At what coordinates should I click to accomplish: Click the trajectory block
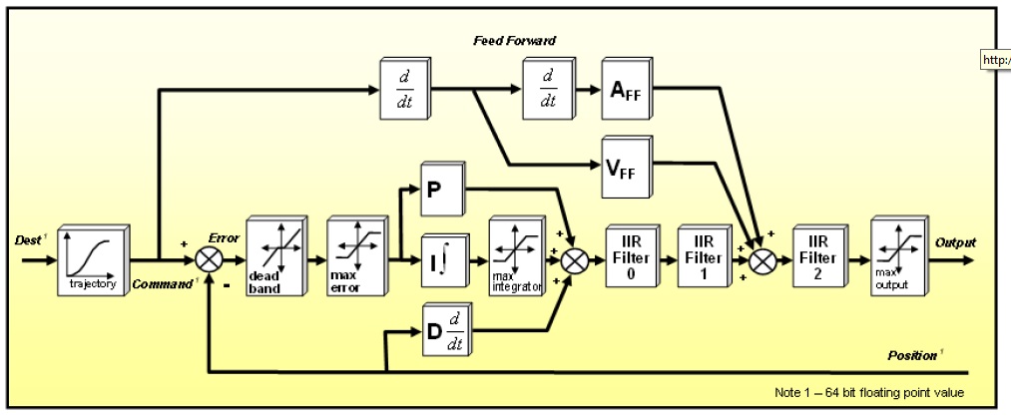click(x=91, y=258)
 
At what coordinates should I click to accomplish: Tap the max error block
click(x=356, y=258)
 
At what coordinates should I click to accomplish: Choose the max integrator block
click(x=514, y=258)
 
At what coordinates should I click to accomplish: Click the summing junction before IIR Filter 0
click(x=575, y=260)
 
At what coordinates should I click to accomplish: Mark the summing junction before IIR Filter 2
click(x=763, y=260)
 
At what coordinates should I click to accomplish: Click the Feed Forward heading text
click(x=515, y=41)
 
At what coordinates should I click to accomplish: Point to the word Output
click(x=955, y=242)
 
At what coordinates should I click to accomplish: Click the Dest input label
click(x=28, y=240)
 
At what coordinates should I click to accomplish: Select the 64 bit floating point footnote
click(x=868, y=391)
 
